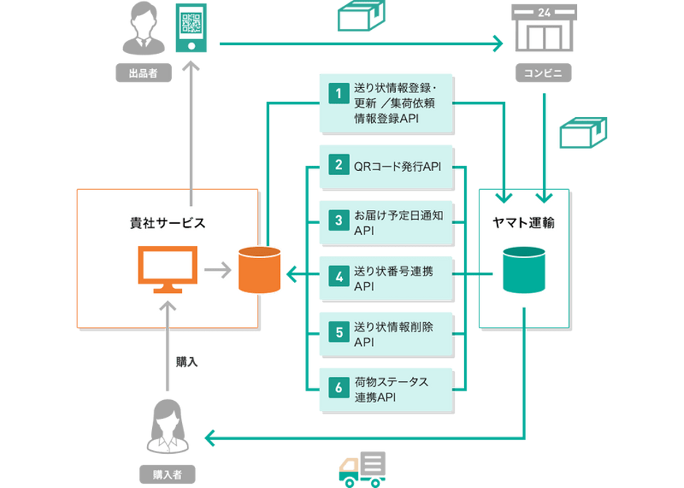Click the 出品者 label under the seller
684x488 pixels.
pyautogui.click(x=143, y=73)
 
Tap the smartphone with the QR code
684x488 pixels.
pyautogui.click(x=191, y=28)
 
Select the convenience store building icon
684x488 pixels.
pyautogui.click(x=544, y=28)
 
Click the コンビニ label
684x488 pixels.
pyautogui.click(x=544, y=73)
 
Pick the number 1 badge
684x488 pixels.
pyautogui.click(x=338, y=93)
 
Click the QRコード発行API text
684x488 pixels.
pyautogui.click(x=397, y=167)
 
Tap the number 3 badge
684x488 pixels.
pyautogui.click(x=338, y=220)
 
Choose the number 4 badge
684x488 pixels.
pyautogui.click(x=338, y=276)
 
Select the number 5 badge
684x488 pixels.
pyautogui.click(x=338, y=332)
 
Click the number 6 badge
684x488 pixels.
pyautogui.click(x=338, y=388)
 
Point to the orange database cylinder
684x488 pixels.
pyautogui.click(x=260, y=270)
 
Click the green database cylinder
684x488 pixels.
pyautogui.click(x=524, y=270)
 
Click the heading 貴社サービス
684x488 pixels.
pyautogui.click(x=167, y=223)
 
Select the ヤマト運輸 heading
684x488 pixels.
pyautogui.click(x=523, y=223)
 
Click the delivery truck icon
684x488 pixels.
pyautogui.click(x=362, y=469)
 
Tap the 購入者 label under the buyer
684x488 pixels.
pyautogui.click(x=167, y=474)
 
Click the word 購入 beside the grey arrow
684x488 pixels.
pyautogui.click(x=187, y=362)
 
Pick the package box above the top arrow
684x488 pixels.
pyautogui.click(x=362, y=16)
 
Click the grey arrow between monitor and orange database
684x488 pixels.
pyautogui.click(x=218, y=270)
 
